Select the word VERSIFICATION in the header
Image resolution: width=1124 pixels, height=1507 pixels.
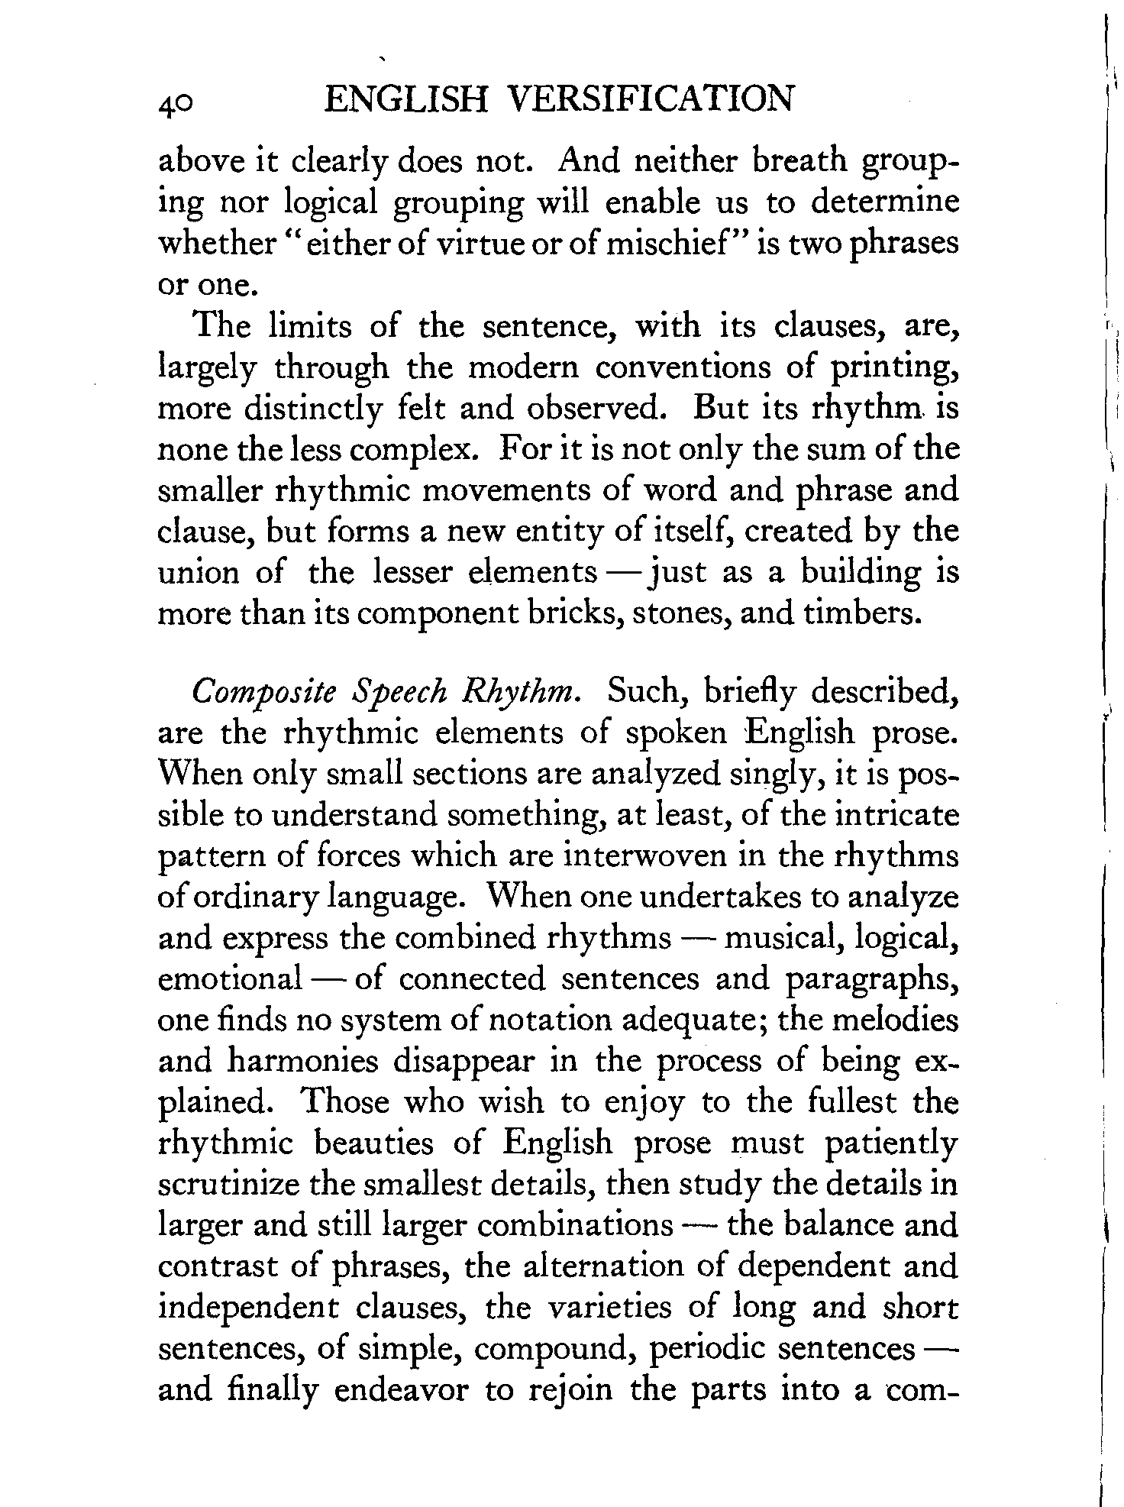click(651, 100)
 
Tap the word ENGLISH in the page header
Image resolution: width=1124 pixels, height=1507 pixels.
click(405, 100)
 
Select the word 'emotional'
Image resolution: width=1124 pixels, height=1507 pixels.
click(229, 979)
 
